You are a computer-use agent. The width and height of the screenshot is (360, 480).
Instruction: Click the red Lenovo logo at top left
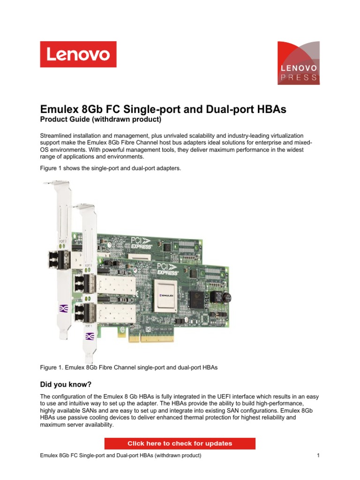(x=78, y=54)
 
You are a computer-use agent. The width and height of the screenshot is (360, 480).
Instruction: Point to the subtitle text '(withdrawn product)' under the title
(x=133, y=120)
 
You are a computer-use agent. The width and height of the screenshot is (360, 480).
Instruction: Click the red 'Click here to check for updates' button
(x=180, y=443)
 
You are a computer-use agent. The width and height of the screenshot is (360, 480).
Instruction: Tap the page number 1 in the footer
(x=318, y=456)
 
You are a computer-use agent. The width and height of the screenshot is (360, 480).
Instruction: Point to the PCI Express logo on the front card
(x=168, y=267)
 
